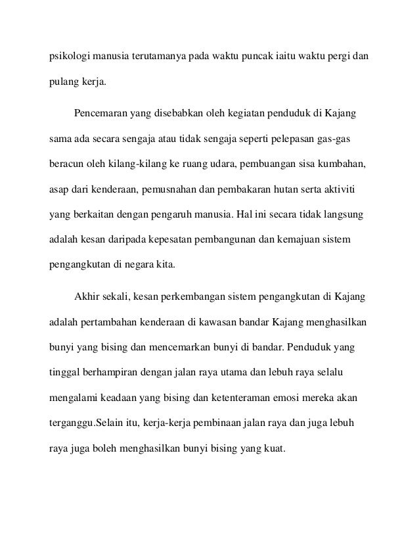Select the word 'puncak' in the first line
tap(253, 58)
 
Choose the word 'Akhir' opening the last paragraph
tap(87, 298)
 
